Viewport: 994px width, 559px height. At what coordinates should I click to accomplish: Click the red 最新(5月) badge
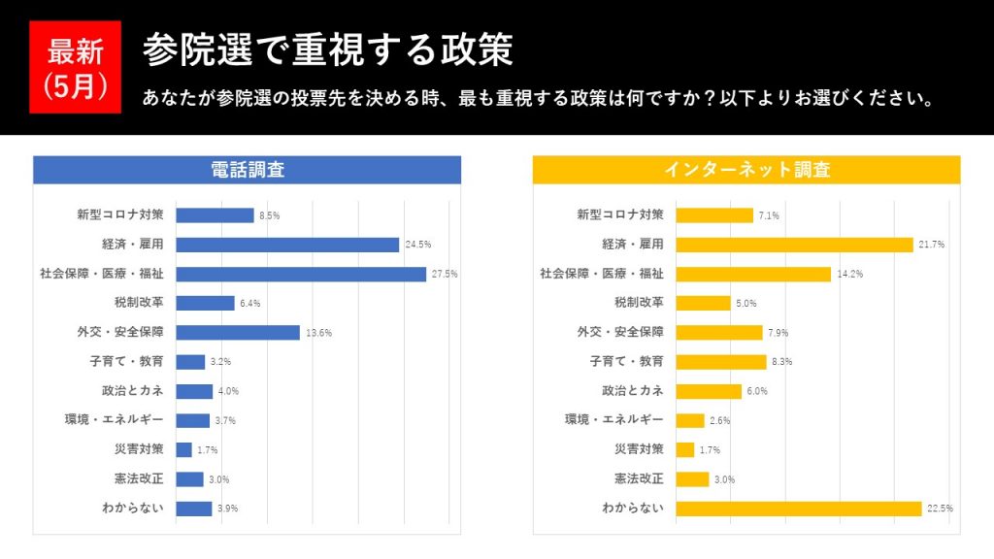click(75, 67)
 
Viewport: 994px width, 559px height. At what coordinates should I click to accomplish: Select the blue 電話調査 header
click(247, 170)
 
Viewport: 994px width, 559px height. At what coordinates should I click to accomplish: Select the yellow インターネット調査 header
click(745, 170)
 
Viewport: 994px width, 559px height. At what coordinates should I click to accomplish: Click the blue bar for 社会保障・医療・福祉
click(301, 274)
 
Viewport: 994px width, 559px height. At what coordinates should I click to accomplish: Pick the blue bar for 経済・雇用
click(287, 245)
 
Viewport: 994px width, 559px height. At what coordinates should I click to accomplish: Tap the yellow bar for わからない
click(798, 509)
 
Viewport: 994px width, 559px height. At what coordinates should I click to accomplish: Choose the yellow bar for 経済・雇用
click(794, 245)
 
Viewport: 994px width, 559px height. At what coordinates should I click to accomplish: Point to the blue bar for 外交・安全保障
click(238, 332)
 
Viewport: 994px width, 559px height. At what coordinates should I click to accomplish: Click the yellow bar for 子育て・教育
click(720, 362)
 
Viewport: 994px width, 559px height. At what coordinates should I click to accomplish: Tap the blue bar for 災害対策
click(183, 449)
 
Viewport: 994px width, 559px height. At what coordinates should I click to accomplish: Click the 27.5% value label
click(445, 275)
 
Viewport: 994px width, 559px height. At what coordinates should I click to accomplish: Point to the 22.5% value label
click(940, 509)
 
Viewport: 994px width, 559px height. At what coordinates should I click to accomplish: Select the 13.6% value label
click(319, 333)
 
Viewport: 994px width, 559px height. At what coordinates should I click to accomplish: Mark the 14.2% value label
click(849, 275)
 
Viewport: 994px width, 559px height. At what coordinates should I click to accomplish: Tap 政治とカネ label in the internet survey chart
click(632, 390)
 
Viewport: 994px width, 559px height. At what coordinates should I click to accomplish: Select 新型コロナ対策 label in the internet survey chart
click(620, 214)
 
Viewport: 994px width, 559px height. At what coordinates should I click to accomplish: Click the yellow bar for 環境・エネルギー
click(689, 420)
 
